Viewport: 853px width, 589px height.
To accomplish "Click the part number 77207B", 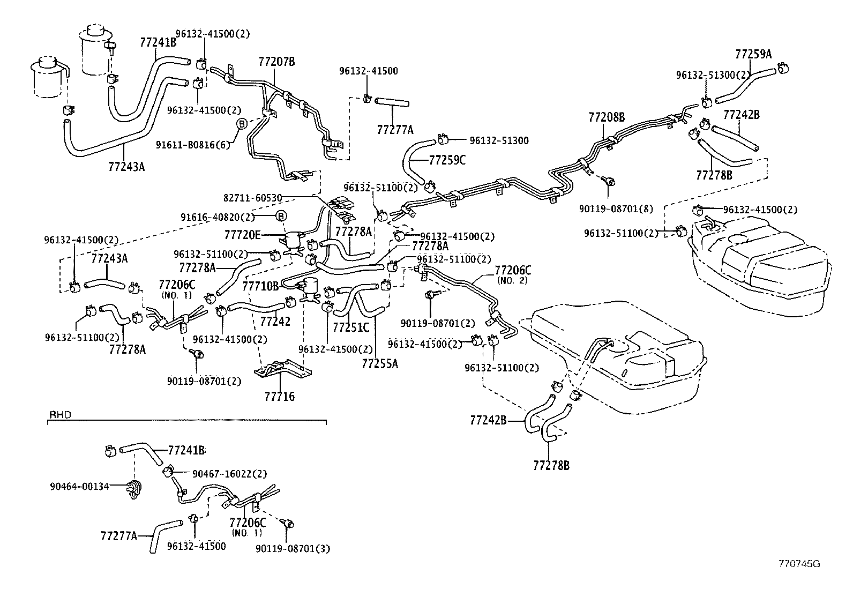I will pyautogui.click(x=276, y=62).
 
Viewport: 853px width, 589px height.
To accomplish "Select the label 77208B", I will pyautogui.click(x=607, y=117).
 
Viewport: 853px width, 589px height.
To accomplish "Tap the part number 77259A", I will pyautogui.click(x=753, y=54).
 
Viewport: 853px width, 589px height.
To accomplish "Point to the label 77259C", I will pyautogui.click(x=447, y=160).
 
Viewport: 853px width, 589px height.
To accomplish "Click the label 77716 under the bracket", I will pyautogui.click(x=279, y=397).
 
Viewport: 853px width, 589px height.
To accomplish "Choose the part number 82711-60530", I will pyautogui.click(x=252, y=198).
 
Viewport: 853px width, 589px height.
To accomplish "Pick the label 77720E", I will pyautogui.click(x=243, y=235).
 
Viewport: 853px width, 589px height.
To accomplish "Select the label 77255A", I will pyautogui.click(x=380, y=364).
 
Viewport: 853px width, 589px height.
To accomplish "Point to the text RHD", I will pyautogui.click(x=61, y=415).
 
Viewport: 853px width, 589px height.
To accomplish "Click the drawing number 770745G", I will pyautogui.click(x=799, y=563).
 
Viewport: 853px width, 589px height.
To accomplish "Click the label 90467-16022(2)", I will pyautogui.click(x=229, y=474).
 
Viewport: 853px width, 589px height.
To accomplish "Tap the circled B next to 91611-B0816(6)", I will pyautogui.click(x=241, y=124).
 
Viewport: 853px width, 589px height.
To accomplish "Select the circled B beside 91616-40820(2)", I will pyautogui.click(x=281, y=216).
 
